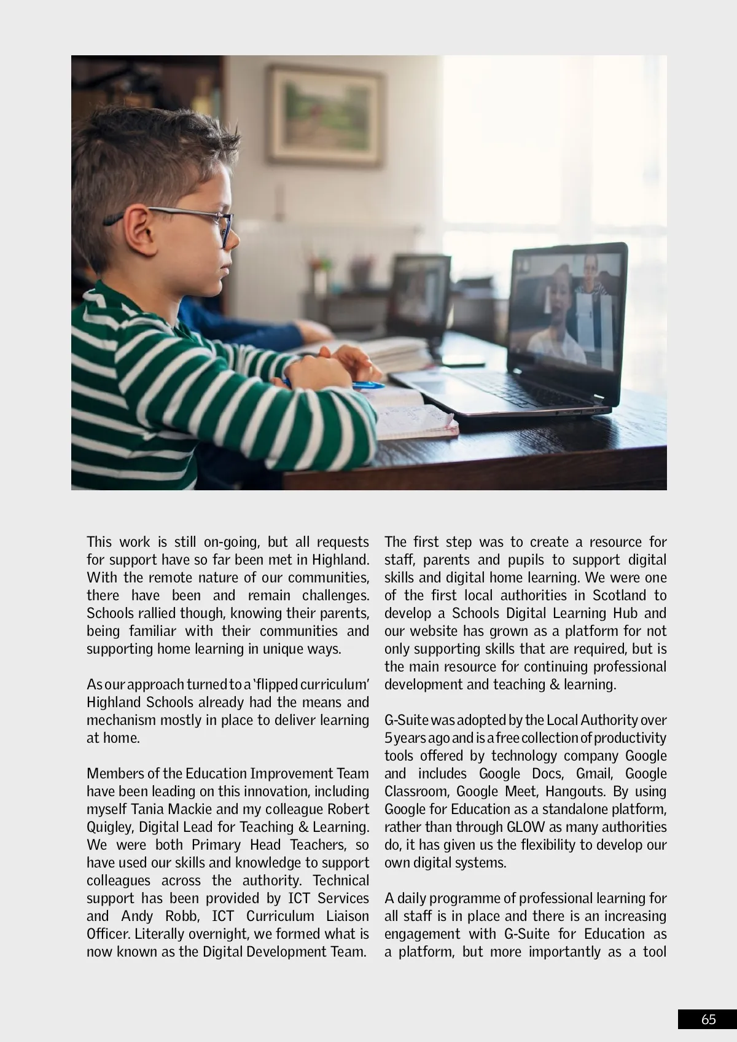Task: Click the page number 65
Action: (708, 1019)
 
